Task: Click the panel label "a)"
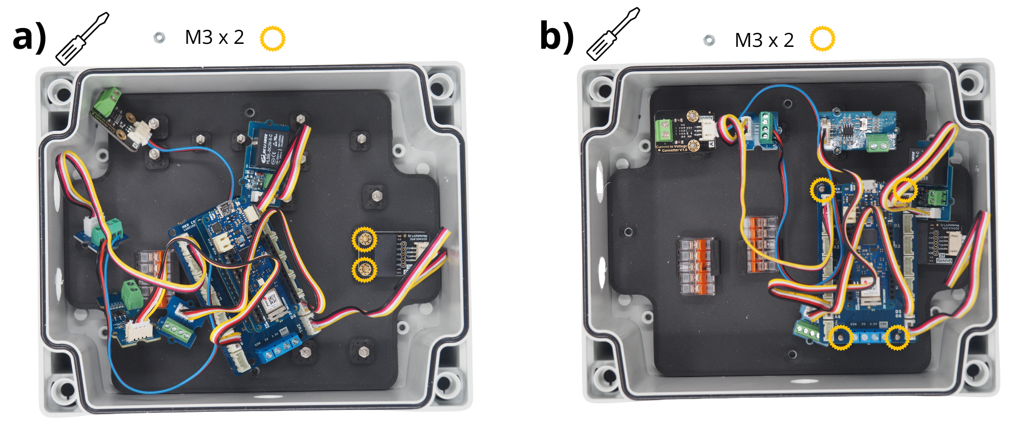(29, 38)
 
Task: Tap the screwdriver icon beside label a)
(82, 38)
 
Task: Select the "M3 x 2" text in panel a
(214, 38)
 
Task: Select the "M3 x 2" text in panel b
(764, 40)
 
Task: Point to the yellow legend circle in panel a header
(272, 38)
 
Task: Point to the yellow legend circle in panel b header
(822, 39)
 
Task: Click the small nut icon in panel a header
(159, 38)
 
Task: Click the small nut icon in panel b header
(709, 40)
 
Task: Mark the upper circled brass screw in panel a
(365, 239)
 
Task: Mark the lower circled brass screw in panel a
(365, 269)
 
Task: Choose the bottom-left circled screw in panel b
(840, 337)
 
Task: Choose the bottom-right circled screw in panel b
(896, 337)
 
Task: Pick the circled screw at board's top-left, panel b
(823, 189)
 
